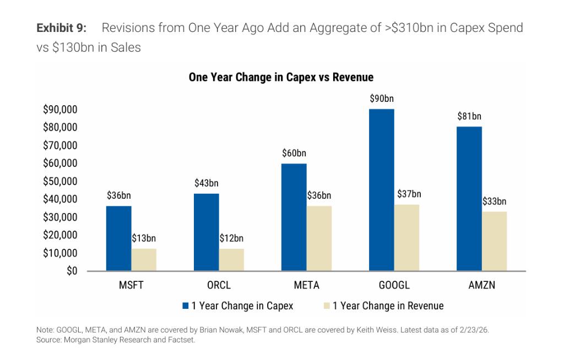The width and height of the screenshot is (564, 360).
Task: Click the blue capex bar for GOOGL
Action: (x=382, y=190)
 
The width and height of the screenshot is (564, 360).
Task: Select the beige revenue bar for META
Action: (x=319, y=238)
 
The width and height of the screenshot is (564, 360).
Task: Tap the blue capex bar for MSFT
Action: (x=118, y=238)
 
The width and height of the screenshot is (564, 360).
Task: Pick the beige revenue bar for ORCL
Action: (x=231, y=260)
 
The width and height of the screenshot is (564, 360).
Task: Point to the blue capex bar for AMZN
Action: (x=469, y=199)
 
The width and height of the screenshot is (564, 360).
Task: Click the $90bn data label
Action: (x=382, y=99)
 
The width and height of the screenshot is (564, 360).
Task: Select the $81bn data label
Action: (x=469, y=116)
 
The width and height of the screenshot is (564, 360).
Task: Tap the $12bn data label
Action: (x=231, y=238)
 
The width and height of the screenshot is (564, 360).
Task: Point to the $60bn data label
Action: (x=294, y=153)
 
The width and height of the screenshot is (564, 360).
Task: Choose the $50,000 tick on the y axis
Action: (x=60, y=181)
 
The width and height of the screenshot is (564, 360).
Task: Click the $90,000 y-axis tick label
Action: (x=60, y=110)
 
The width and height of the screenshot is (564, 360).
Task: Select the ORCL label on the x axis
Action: (x=219, y=286)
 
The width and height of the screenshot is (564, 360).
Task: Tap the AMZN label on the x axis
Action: (x=482, y=286)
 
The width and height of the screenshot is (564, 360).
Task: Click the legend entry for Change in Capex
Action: (x=238, y=306)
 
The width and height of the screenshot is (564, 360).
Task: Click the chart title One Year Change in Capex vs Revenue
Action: (x=281, y=77)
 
